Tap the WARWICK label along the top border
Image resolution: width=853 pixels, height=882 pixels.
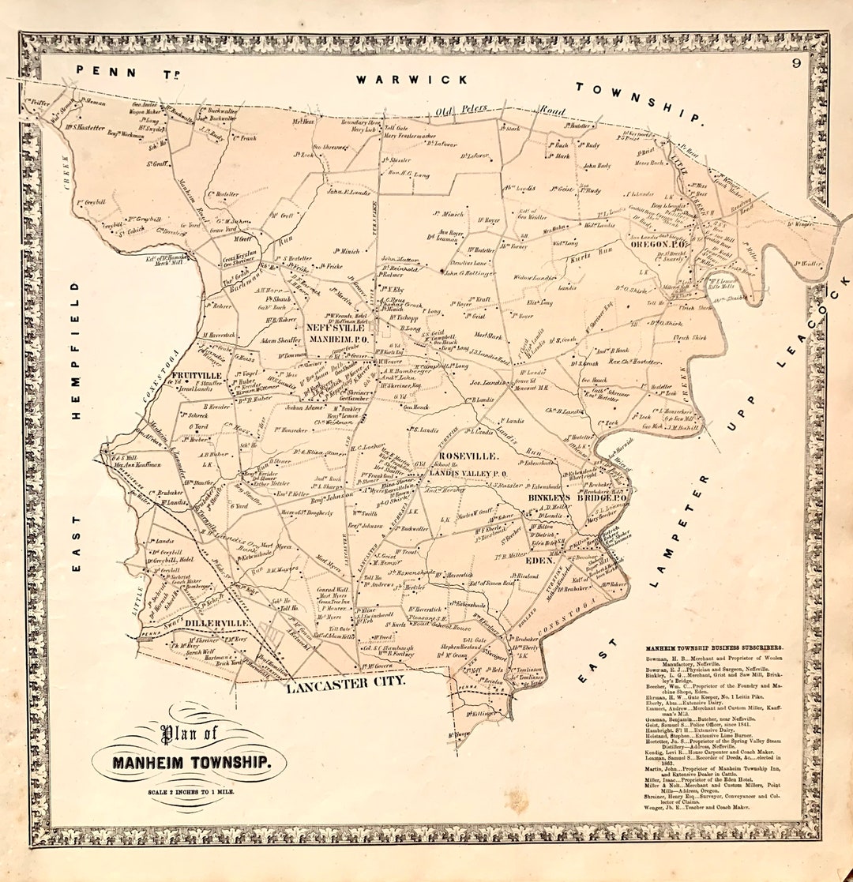pyautogui.click(x=411, y=79)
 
